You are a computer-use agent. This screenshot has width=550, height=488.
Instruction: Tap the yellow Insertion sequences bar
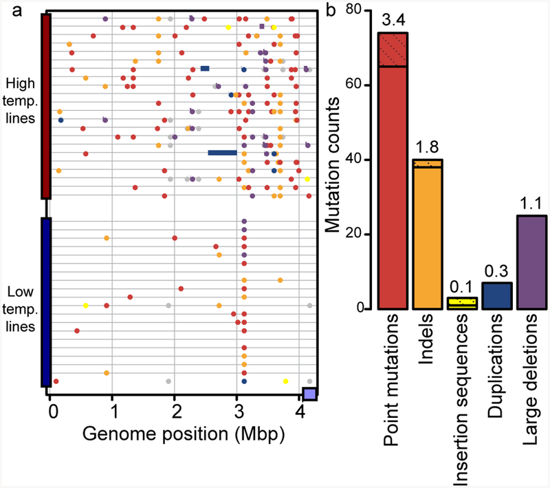461,304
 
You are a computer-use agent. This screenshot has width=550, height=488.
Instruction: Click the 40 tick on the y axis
362,160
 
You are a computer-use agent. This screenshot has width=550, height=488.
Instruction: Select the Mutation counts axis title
334,160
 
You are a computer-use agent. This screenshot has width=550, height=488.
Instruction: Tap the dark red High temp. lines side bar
46,107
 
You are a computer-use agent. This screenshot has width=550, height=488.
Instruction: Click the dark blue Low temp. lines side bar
46,302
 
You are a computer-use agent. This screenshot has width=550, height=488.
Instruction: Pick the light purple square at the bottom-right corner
310,394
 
